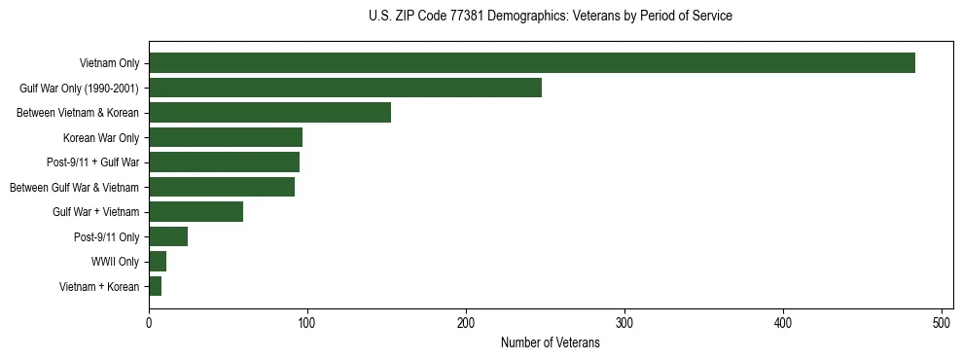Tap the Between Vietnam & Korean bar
pyautogui.click(x=269, y=113)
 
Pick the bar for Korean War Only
pyautogui.click(x=226, y=137)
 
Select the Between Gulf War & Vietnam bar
pyautogui.click(x=222, y=187)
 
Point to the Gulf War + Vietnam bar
pyautogui.click(x=196, y=212)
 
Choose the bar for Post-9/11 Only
pyautogui.click(x=168, y=236)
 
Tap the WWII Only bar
pyautogui.click(x=158, y=262)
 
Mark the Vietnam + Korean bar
pyautogui.click(x=155, y=286)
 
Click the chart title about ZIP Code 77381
pyautogui.click(x=551, y=17)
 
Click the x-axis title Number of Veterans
pyautogui.click(x=551, y=343)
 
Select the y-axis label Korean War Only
pyautogui.click(x=101, y=137)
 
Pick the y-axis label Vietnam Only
pyautogui.click(x=109, y=63)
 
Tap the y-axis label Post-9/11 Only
pyautogui.click(x=106, y=236)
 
